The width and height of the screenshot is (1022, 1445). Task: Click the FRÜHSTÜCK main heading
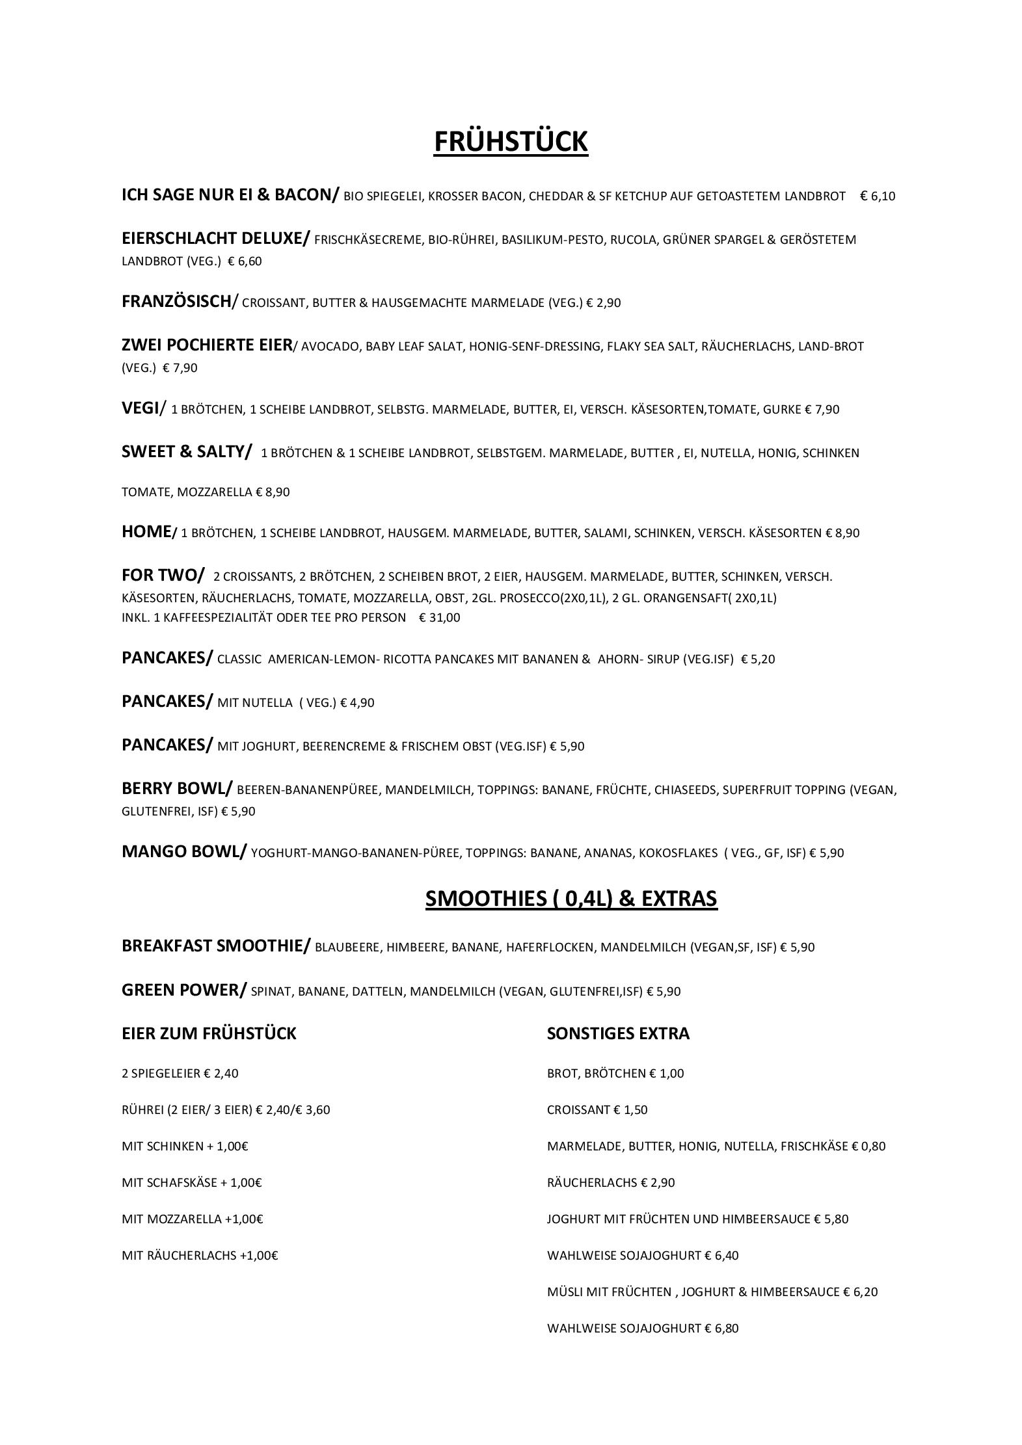click(511, 142)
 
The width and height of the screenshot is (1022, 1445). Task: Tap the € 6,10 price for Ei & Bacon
click(878, 196)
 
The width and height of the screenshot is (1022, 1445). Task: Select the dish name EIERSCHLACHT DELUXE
click(215, 239)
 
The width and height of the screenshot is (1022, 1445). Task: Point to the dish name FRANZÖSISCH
click(176, 302)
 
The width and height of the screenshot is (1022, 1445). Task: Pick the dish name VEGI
click(140, 408)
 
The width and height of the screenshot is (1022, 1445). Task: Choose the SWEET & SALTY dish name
click(185, 452)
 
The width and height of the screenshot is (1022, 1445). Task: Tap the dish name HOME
click(146, 532)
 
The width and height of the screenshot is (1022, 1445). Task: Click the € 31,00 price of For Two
click(440, 618)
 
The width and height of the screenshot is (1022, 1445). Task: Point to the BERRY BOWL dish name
click(175, 789)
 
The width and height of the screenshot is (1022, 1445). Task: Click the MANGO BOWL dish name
click(183, 852)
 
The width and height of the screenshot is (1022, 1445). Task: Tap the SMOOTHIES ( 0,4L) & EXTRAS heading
click(571, 898)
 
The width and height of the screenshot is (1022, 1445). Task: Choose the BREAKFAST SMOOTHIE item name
click(215, 946)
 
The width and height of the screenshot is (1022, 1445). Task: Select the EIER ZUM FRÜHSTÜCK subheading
click(209, 1034)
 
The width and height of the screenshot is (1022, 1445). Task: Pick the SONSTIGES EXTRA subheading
click(618, 1034)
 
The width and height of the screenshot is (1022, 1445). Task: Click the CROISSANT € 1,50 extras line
click(597, 1110)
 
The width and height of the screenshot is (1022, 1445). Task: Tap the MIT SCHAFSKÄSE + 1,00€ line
click(191, 1183)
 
